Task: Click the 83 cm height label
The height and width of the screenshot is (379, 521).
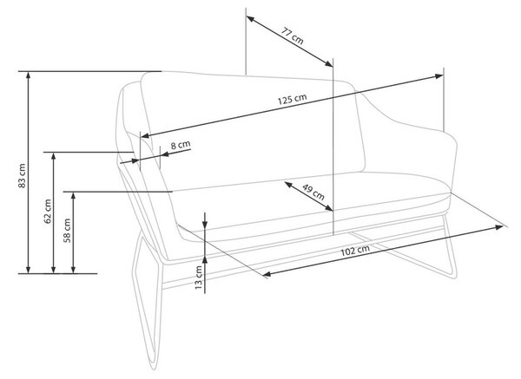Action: point(22,175)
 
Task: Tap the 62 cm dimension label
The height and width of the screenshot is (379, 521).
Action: point(48,211)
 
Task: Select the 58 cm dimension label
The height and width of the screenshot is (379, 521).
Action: point(67,231)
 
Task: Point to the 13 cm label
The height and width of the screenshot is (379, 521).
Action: point(198,278)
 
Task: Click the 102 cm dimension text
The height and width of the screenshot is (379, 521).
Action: point(355,250)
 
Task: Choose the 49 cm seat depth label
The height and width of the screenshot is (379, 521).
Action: point(313,193)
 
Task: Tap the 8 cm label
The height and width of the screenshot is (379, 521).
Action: point(181,145)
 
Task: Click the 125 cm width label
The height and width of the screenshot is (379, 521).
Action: point(292,99)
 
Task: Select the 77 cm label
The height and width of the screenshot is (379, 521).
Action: point(293,36)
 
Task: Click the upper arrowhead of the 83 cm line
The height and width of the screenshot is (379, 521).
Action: point(29,75)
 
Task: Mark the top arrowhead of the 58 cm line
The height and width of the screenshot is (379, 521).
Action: point(74,195)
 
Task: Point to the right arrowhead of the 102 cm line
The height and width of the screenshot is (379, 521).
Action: point(499,227)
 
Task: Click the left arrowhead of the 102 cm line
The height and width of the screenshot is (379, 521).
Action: point(267,274)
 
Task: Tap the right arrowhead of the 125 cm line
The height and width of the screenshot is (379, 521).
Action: point(439,76)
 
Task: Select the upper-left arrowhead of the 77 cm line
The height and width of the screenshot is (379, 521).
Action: point(250,19)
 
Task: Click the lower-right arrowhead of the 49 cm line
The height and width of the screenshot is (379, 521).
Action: point(328,208)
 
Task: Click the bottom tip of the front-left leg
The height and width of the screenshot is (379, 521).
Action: point(153,369)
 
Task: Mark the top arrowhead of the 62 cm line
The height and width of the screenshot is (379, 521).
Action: point(54,156)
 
